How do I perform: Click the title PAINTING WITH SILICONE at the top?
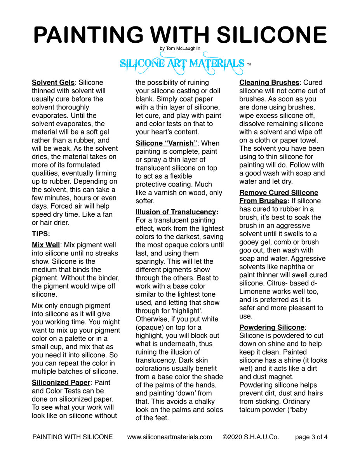pos(180,35)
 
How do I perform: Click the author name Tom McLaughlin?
pos(180,49)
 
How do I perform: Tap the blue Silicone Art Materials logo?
pos(182,64)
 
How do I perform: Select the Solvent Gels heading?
pos(53,82)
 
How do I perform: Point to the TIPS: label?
pos(41,234)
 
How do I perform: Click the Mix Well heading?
pos(46,245)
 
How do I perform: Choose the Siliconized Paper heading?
pos(61,383)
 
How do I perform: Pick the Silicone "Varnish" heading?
pos(166,143)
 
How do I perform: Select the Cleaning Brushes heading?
pos(269,82)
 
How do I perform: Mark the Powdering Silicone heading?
pos(272,327)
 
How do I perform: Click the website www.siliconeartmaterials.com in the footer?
pos(170,437)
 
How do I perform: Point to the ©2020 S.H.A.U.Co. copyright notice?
pos(251,437)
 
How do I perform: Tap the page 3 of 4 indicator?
pos(311,437)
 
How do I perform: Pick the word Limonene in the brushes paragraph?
pos(256,291)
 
